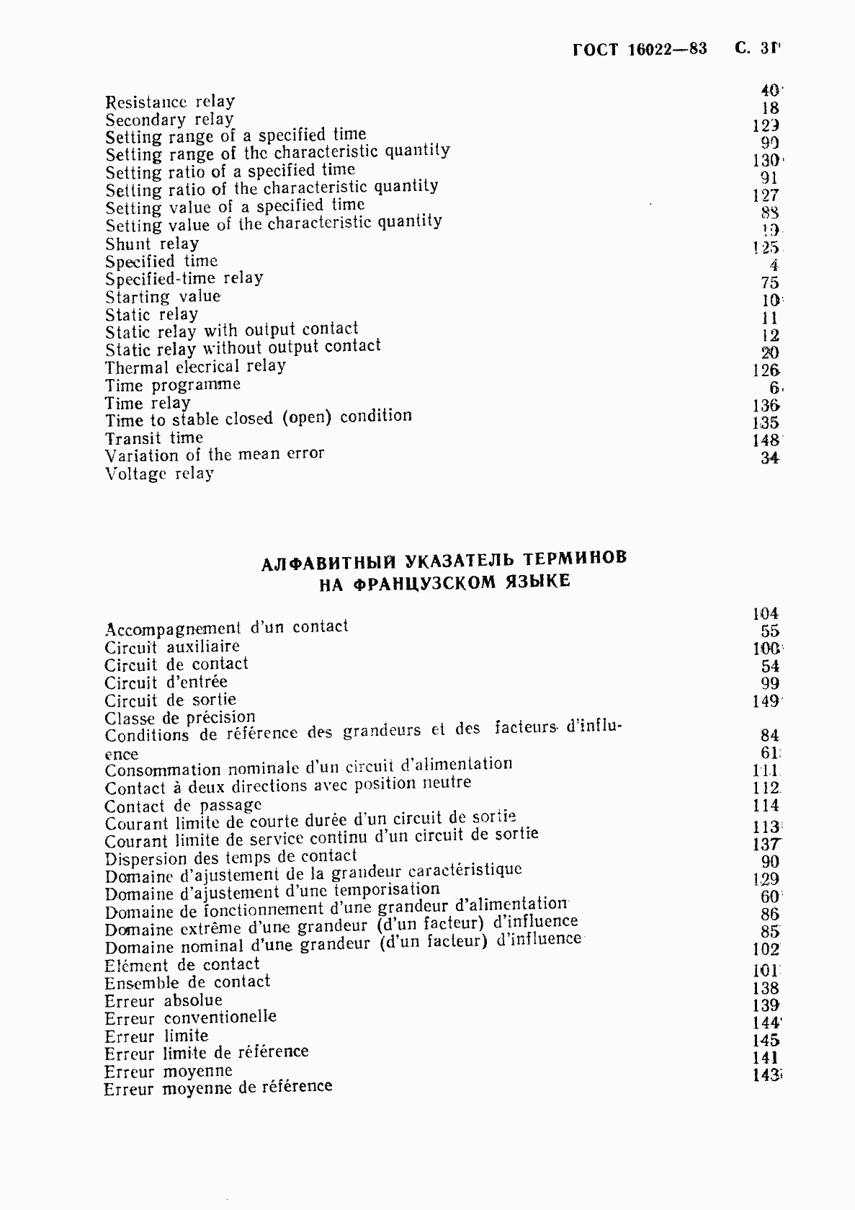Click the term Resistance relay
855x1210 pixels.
click(170, 102)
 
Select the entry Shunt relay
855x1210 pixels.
click(152, 244)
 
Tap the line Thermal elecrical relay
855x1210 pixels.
click(195, 367)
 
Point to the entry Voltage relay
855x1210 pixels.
click(159, 473)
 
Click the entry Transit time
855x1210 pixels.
click(154, 438)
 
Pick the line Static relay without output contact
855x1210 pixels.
click(243, 348)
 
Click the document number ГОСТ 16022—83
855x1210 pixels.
click(640, 49)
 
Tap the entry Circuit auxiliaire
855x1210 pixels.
click(172, 646)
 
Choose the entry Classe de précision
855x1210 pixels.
click(180, 717)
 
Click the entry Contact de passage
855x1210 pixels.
click(183, 805)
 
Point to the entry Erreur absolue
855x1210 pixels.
click(164, 1000)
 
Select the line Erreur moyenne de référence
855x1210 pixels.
click(218, 1087)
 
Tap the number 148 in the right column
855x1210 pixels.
click(766, 440)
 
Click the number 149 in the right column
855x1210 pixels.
click(766, 701)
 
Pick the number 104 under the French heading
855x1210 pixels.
click(766, 614)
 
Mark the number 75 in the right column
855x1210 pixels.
click(770, 283)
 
